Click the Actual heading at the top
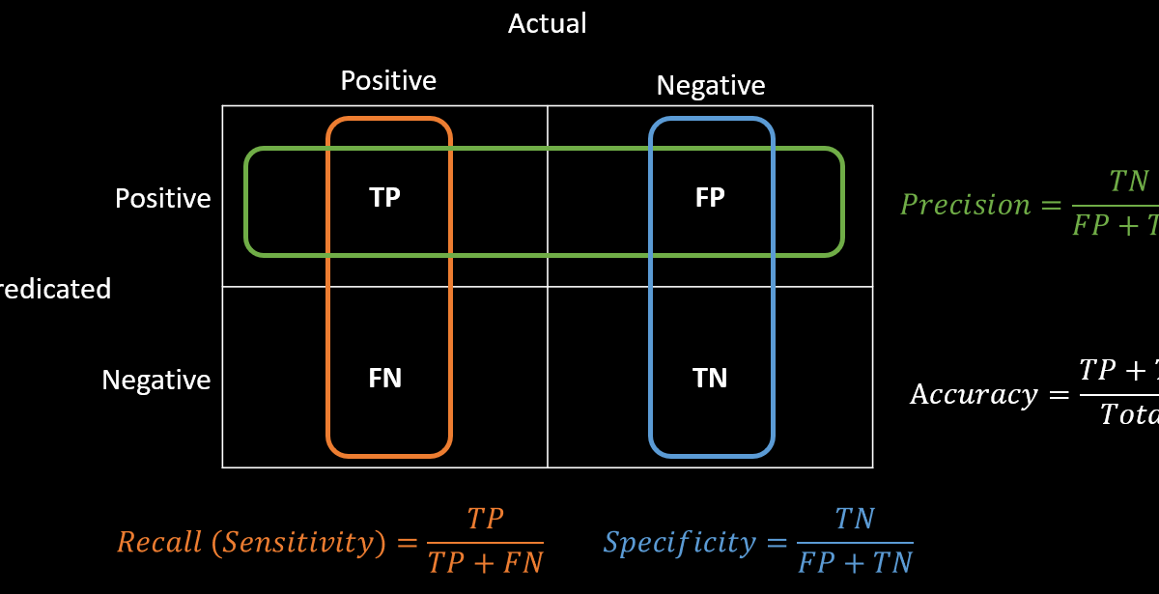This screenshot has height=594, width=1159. (x=548, y=23)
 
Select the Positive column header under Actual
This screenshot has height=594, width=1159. (x=388, y=80)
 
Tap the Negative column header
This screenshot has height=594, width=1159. (x=711, y=86)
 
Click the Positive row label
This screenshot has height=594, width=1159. (x=162, y=198)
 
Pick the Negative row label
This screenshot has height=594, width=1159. (x=155, y=380)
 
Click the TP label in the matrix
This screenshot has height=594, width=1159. (x=384, y=197)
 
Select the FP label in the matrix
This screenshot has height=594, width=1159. (x=710, y=197)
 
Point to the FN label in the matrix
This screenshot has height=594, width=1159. (x=384, y=379)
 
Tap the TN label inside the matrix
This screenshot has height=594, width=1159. (x=710, y=379)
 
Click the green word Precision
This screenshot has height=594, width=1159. (x=952, y=205)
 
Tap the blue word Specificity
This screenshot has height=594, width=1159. (x=679, y=543)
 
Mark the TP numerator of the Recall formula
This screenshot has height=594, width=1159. (x=485, y=520)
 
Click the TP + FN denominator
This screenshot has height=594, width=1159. (x=485, y=562)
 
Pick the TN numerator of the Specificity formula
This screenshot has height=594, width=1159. (x=855, y=520)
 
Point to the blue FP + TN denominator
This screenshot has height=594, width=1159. (x=855, y=562)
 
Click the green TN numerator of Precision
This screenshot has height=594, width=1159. (x=1128, y=182)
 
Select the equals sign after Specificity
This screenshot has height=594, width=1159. (x=777, y=543)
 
